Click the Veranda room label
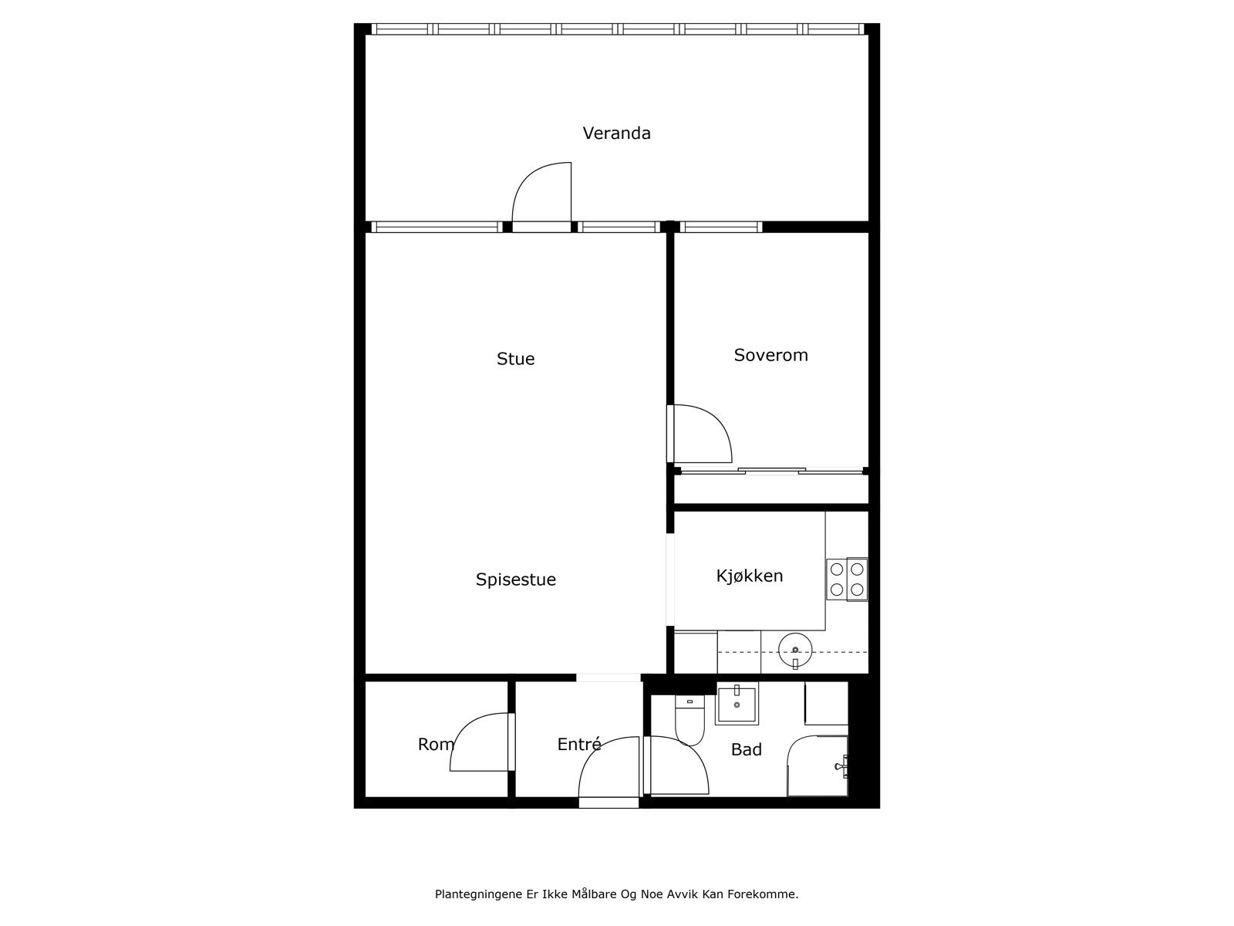(616, 133)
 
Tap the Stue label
(515, 359)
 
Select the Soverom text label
(770, 355)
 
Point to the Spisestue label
(515, 580)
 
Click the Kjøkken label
(750, 576)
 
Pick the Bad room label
(746, 749)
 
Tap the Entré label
(578, 744)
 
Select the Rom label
(436, 744)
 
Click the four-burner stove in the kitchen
(847, 580)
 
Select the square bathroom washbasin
(737, 704)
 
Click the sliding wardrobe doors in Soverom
(771, 471)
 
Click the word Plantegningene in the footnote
(473, 894)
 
